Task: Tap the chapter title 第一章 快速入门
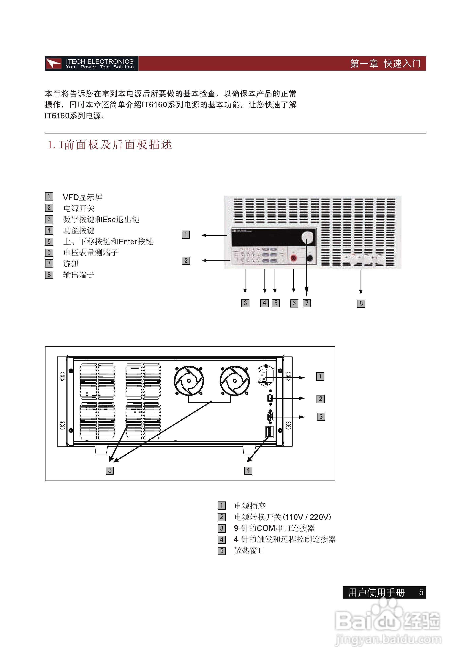(x=385, y=63)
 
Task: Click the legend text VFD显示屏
(x=82, y=198)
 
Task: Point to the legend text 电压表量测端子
(x=91, y=253)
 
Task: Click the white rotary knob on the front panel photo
(x=307, y=237)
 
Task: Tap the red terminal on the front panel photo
(x=293, y=258)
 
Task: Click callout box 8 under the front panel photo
(x=361, y=303)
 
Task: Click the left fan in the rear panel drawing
(x=189, y=381)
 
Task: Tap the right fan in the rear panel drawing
(x=234, y=381)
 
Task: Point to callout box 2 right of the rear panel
(x=320, y=399)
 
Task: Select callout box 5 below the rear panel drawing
(x=110, y=470)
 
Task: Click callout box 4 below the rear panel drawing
(x=248, y=470)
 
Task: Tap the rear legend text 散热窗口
(x=250, y=551)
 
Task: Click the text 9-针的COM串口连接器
(x=274, y=528)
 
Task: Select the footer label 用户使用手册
(x=376, y=593)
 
